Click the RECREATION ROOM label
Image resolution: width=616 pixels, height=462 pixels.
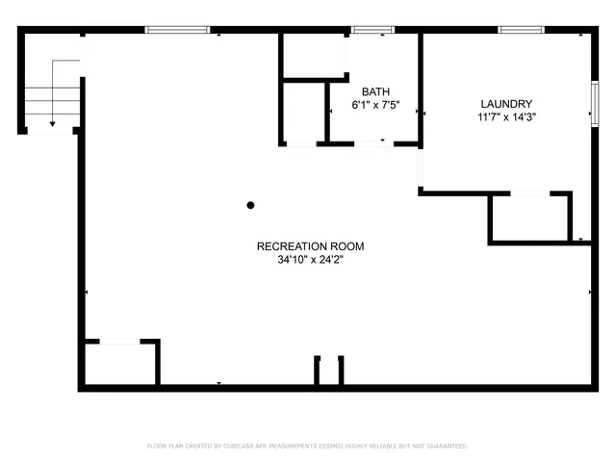point(310,246)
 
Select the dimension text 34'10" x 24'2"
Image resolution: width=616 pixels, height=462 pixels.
point(310,259)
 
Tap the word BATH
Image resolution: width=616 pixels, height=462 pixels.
point(375,92)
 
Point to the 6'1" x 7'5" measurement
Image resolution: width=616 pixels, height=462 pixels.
point(375,105)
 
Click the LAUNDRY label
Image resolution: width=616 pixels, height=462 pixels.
point(506,104)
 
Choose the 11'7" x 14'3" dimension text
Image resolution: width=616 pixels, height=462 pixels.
point(506,116)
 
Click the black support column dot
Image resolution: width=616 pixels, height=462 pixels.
point(250,205)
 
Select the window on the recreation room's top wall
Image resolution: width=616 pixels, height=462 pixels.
point(177,31)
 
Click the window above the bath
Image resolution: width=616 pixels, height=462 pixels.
point(372,31)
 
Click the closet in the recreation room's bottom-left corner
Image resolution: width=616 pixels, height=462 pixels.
point(118,364)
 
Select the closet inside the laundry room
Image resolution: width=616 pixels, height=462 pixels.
point(529,218)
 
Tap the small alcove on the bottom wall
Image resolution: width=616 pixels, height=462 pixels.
point(328,372)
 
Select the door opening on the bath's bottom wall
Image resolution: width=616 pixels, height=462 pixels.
point(372,143)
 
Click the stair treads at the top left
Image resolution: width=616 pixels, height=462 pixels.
point(50,98)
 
